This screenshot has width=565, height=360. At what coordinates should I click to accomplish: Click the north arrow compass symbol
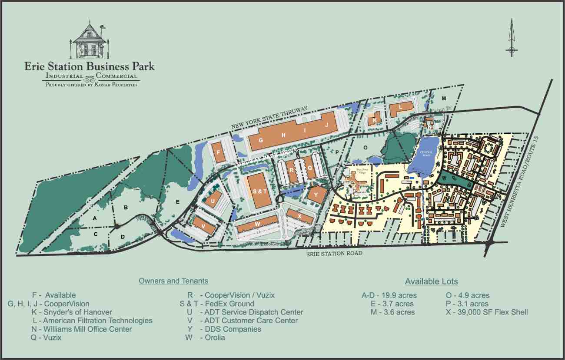point(512,38)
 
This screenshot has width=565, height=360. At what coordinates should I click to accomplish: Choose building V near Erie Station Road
point(203,226)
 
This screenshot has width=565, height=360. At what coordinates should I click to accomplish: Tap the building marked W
point(257,224)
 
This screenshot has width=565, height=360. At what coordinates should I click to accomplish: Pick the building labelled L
point(400,108)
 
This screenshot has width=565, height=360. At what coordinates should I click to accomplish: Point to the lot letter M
point(444,99)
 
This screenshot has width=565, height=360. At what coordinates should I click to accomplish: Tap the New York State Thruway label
point(269,117)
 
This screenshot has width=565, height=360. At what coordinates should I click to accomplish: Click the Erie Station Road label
point(334,254)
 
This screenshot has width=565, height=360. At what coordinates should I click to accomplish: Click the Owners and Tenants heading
point(173,281)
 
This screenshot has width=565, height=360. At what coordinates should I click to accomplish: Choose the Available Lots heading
point(431,281)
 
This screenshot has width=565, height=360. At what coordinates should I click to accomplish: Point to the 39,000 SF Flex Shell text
point(487,312)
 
